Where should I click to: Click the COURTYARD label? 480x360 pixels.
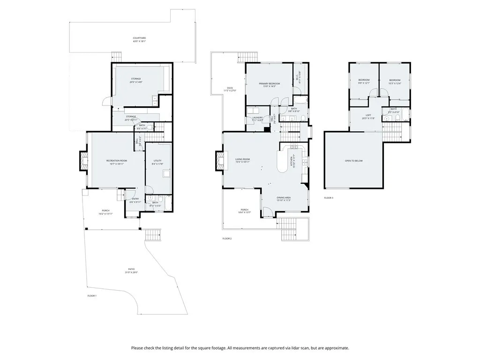[x=139, y=39]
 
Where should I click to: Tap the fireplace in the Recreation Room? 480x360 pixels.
[x=83, y=160]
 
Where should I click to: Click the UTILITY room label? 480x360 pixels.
[x=157, y=162]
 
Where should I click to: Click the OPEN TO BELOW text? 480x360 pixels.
[x=353, y=161]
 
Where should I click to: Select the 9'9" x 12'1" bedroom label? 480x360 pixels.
[x=364, y=82]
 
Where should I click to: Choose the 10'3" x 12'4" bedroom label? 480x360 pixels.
[x=394, y=82]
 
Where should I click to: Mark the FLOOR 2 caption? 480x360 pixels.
[x=227, y=239]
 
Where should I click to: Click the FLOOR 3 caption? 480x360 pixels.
[x=329, y=198]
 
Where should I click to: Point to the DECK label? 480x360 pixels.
[x=230, y=89]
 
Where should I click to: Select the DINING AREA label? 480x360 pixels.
[x=283, y=199]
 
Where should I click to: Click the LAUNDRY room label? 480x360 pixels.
[x=257, y=119]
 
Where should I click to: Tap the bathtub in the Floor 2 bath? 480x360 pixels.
[x=300, y=100]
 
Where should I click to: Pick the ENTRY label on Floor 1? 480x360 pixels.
[x=135, y=201]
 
